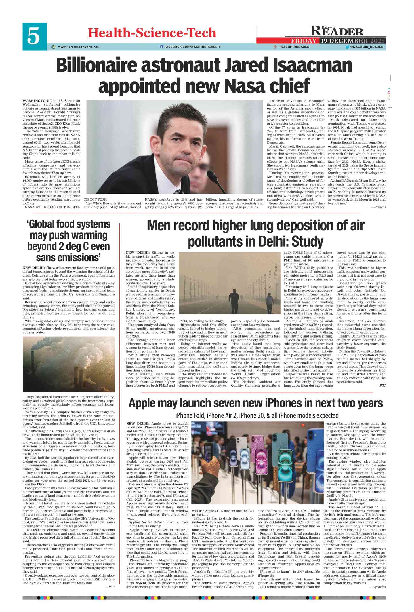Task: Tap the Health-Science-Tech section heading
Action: pyautogui.click(x=152, y=33)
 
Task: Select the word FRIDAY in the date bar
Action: pyautogui.click(x=304, y=41)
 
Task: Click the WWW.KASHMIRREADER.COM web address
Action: pyautogui.click(x=79, y=47)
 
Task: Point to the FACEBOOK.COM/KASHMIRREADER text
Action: pyautogui.click(x=192, y=47)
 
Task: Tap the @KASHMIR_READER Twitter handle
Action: pyautogui.click(x=366, y=47)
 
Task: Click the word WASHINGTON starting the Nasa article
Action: pyautogui.click(x=35, y=101)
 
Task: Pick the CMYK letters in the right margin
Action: pyautogui.click(x=389, y=94)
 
